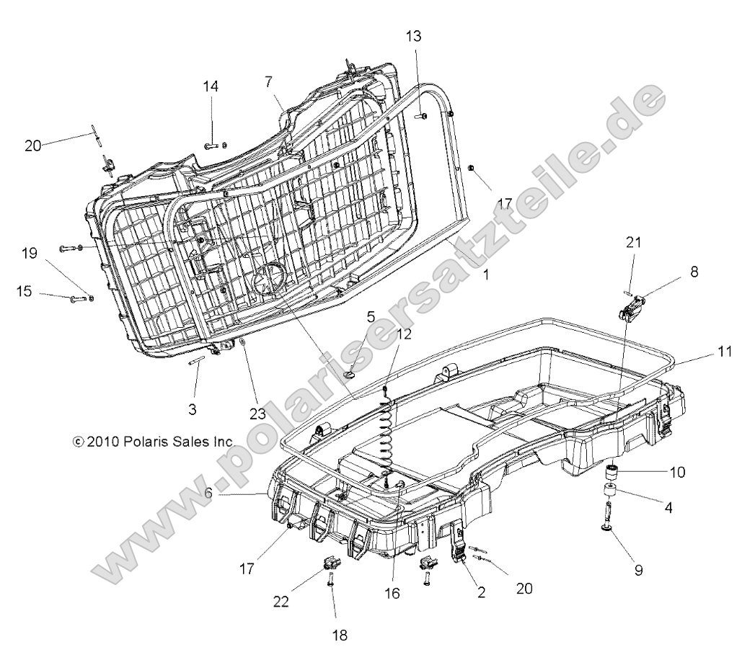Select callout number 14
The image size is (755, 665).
click(211, 86)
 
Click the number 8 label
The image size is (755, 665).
click(694, 272)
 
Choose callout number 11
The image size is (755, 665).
click(725, 352)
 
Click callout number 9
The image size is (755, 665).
click(639, 570)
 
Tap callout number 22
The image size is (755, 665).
click(281, 602)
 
